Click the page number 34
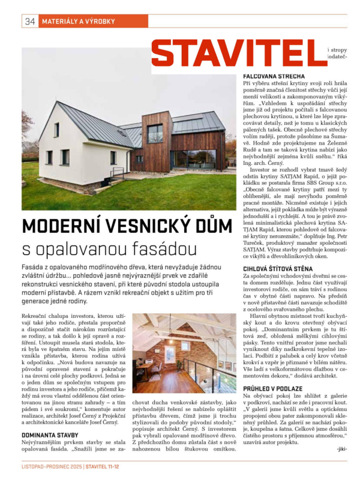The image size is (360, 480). point(29,22)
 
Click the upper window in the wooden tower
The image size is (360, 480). point(155,133)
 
